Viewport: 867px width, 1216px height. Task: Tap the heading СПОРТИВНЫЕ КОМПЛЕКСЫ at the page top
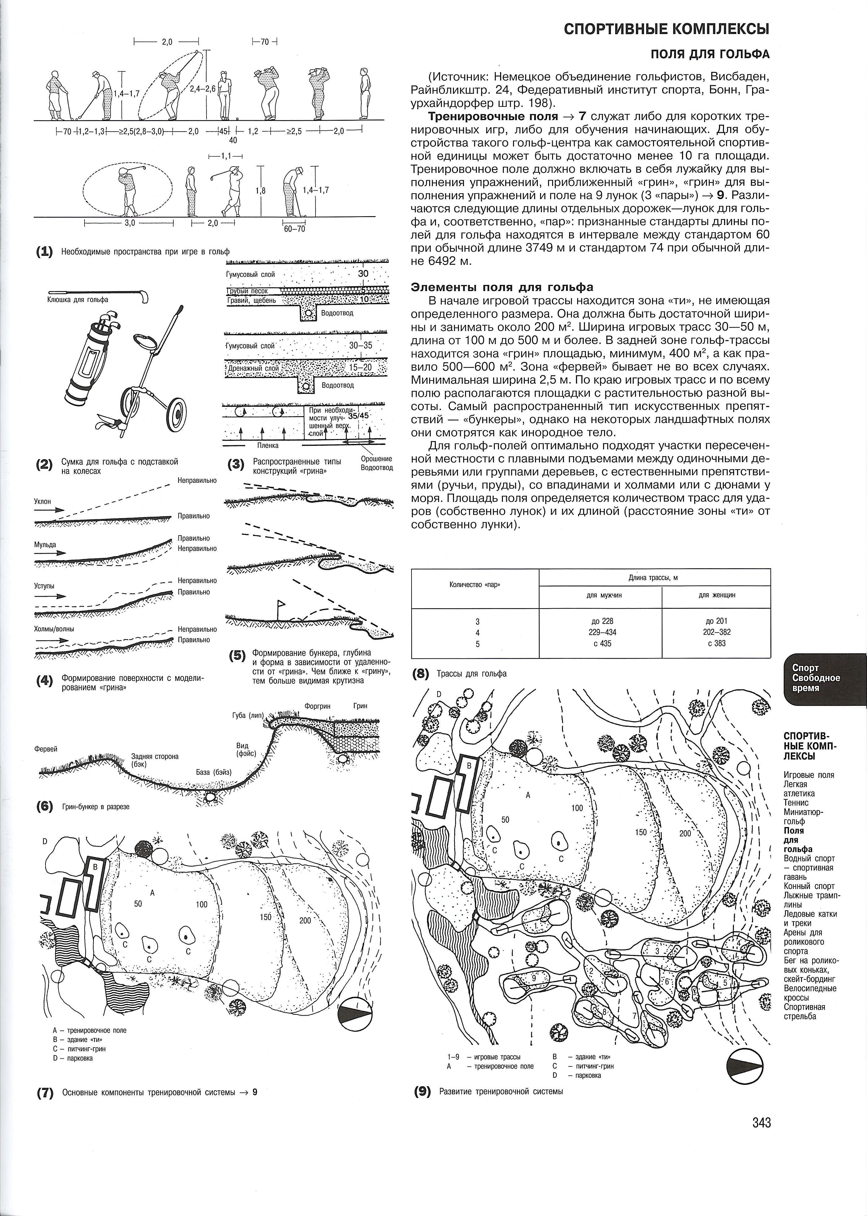[x=666, y=29]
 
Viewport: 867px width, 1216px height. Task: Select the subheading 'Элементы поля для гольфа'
[x=502, y=287]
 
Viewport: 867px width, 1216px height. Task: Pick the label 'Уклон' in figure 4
[x=43, y=501]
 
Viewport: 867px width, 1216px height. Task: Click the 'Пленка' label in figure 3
[x=268, y=445]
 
